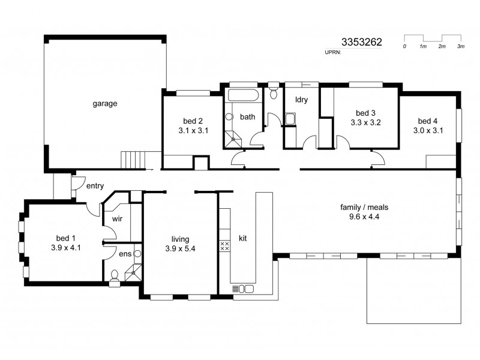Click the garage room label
(104, 103)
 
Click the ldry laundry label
(301, 100)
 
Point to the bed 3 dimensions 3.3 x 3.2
(366, 122)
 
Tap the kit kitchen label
(243, 238)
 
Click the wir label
(116, 219)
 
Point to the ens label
(125, 254)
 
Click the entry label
(95, 186)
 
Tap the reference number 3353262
(361, 43)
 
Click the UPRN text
(332, 53)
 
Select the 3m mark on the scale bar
(461, 46)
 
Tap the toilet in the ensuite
(114, 277)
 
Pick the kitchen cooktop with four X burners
(226, 245)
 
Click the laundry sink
(290, 119)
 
